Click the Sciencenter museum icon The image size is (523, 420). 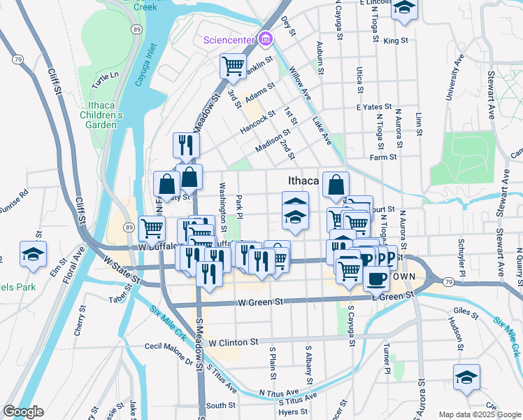(x=266, y=39)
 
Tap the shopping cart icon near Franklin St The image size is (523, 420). (x=233, y=66)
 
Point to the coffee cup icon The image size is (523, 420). (x=376, y=279)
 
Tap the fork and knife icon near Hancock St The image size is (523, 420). (x=186, y=145)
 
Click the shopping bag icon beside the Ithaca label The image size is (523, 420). (x=336, y=185)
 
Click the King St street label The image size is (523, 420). (x=395, y=41)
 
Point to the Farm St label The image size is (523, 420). (x=384, y=157)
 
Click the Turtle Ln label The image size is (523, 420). (x=106, y=75)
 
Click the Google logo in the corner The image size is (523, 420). (x=22, y=412)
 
